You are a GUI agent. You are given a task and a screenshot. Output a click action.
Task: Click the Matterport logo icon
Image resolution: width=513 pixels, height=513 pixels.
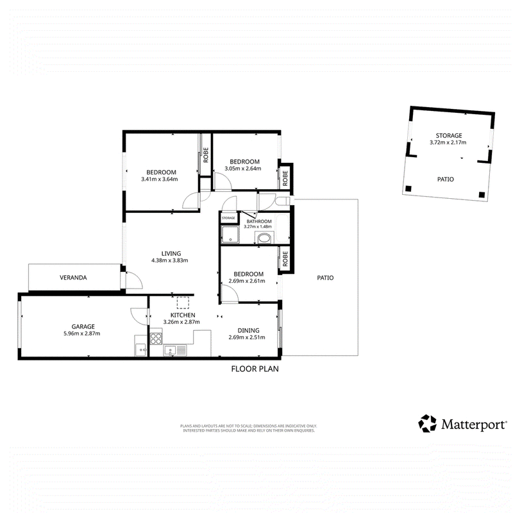pos(427,423)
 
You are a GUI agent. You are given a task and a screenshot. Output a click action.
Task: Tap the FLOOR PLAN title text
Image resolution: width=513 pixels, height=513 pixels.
pos(255,369)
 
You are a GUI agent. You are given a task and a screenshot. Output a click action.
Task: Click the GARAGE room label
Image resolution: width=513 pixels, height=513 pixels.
pos(83,326)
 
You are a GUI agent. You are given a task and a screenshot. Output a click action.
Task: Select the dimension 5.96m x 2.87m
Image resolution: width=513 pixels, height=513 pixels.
pos(82,333)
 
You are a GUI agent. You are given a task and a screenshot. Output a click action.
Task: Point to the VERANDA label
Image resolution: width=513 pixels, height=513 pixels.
pos(73,278)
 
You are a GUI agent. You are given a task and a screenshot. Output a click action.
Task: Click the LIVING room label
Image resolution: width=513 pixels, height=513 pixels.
pos(171,253)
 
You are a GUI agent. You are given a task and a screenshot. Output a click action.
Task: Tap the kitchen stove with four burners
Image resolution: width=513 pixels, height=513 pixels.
pos(156,339)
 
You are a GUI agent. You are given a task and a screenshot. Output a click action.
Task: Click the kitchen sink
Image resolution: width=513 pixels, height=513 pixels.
pos(174,351)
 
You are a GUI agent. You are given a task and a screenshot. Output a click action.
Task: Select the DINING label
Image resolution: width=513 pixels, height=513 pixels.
pos(248,330)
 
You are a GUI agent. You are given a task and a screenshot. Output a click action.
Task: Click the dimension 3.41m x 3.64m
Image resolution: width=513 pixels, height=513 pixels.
pos(159,180)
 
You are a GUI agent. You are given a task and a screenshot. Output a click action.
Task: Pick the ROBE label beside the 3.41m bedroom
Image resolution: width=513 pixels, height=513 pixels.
pos(206,155)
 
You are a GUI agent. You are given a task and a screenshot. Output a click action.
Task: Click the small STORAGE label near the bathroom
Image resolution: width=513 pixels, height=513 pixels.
pos(228,218)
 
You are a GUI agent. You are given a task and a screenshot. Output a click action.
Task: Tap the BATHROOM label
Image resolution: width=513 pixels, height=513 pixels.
pos(259,221)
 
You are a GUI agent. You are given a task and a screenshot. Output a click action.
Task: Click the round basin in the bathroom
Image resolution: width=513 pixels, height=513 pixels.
pos(264,238)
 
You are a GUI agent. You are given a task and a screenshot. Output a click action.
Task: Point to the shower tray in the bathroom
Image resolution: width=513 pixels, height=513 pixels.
pos(230,234)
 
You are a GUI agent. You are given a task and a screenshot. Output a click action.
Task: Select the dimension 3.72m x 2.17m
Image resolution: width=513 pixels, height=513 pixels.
pos(448,142)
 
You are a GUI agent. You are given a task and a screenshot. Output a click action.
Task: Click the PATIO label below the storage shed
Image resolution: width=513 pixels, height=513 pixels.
pos(446,180)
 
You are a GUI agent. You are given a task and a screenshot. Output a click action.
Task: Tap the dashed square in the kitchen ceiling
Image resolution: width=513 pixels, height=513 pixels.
pos(183,303)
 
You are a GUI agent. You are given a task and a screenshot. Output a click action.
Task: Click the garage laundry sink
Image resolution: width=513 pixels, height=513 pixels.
pos(140,349)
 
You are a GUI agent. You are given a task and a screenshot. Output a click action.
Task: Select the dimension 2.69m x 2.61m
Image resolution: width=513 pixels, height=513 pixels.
pos(247,281)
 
